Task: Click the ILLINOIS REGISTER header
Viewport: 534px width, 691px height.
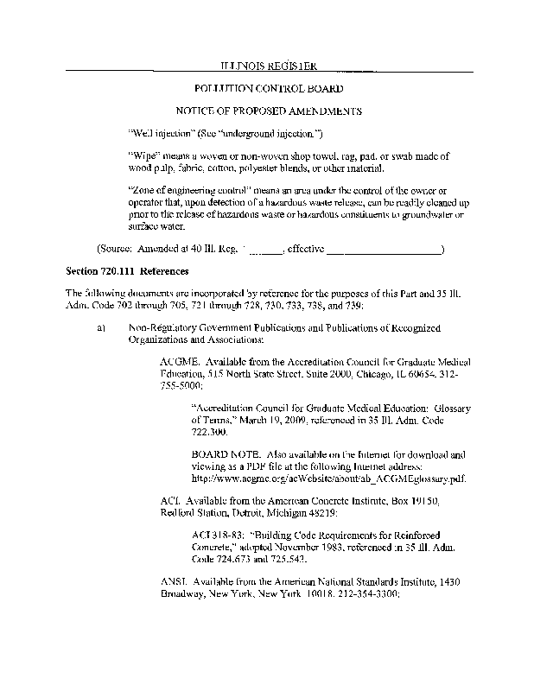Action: (x=267, y=67)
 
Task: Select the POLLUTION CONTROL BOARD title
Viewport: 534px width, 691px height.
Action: (x=267, y=89)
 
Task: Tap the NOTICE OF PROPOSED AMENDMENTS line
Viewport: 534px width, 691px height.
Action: (x=267, y=111)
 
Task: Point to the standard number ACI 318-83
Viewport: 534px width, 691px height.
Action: (x=215, y=535)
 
